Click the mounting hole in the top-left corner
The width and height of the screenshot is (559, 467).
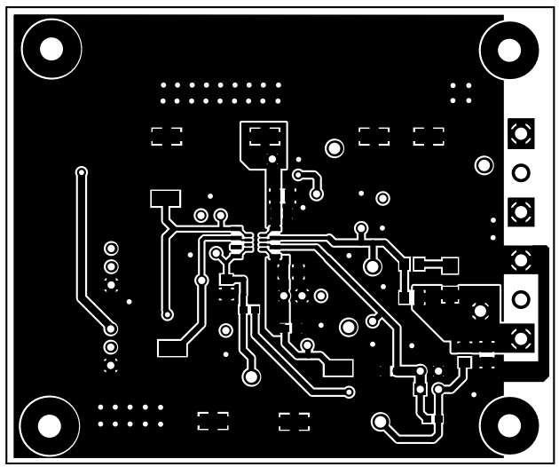(51, 48)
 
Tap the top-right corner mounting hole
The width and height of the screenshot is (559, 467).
(508, 49)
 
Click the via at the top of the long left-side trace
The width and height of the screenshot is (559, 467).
(82, 171)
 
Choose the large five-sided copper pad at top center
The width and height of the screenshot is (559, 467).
(264, 143)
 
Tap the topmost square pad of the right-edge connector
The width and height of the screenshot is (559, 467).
(521, 134)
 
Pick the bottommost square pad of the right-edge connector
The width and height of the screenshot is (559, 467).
(521, 337)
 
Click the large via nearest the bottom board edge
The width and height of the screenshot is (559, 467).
(381, 422)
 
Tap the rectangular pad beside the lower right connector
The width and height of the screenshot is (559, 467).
(449, 265)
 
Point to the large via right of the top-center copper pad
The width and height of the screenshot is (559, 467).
(335, 148)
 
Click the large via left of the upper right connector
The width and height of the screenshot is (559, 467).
(484, 164)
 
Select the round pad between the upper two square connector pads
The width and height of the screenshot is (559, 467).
(521, 172)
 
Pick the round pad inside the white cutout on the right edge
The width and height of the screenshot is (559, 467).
(521, 299)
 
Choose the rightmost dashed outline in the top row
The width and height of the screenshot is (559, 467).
(429, 136)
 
